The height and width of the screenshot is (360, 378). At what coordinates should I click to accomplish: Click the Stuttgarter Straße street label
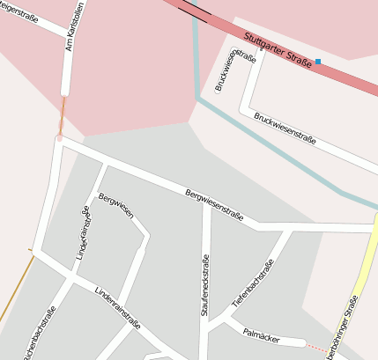278,52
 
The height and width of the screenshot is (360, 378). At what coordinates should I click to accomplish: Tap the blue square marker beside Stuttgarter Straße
318,62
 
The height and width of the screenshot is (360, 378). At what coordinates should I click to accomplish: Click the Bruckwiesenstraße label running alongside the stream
284,128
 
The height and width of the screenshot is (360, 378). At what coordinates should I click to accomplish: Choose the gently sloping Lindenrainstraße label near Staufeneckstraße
119,306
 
